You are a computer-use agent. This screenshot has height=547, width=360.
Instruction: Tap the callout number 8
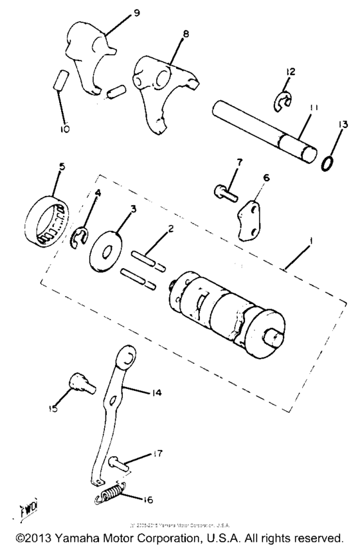tap(186, 33)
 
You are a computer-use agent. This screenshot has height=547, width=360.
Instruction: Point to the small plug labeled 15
tap(80, 387)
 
